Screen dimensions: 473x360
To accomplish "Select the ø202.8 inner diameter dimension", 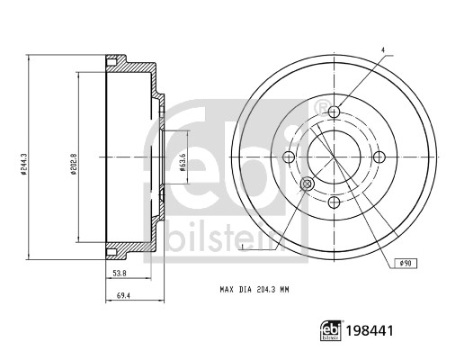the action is click(x=74, y=165).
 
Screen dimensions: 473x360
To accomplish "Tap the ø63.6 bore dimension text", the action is click(x=183, y=162).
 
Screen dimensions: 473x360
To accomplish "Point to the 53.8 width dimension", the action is click(x=120, y=274).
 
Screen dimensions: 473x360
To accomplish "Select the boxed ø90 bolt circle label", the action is click(x=406, y=264).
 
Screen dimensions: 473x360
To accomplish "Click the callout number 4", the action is click(x=383, y=49).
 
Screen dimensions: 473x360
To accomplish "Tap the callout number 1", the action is click(x=243, y=247).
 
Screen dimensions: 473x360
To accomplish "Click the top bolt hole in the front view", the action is click(x=334, y=112).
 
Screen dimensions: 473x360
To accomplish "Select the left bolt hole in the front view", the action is click(x=289, y=157).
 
